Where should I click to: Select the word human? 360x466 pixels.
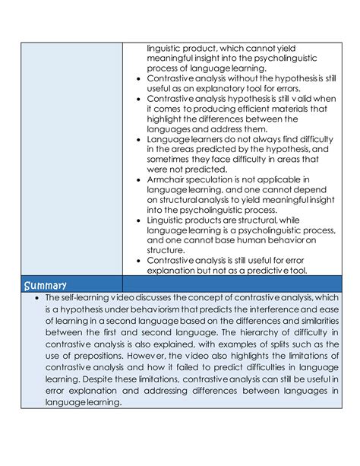[x=251, y=239]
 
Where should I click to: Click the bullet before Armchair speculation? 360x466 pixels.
[x=136, y=180]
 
